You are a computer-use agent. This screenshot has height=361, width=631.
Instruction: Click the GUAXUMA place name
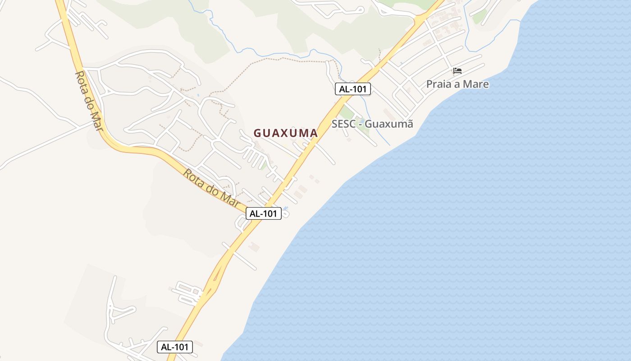(x=286, y=133)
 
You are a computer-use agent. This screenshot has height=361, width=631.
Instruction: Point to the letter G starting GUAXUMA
(x=258, y=133)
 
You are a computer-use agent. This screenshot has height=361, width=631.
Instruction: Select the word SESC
(x=345, y=124)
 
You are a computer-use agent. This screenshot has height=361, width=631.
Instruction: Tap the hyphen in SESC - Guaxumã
(x=361, y=124)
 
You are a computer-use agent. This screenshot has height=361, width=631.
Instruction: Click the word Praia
(x=440, y=84)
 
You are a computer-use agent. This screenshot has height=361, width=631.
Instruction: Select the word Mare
(x=476, y=84)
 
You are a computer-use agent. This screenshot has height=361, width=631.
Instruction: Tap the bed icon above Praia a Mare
(x=457, y=71)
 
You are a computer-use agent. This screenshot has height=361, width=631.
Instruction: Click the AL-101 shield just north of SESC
(x=353, y=89)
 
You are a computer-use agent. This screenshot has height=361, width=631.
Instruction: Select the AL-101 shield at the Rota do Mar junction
(x=264, y=213)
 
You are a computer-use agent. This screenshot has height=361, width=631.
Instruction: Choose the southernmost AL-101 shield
(x=175, y=347)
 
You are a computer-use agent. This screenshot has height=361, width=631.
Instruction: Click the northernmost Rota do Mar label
(x=89, y=101)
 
